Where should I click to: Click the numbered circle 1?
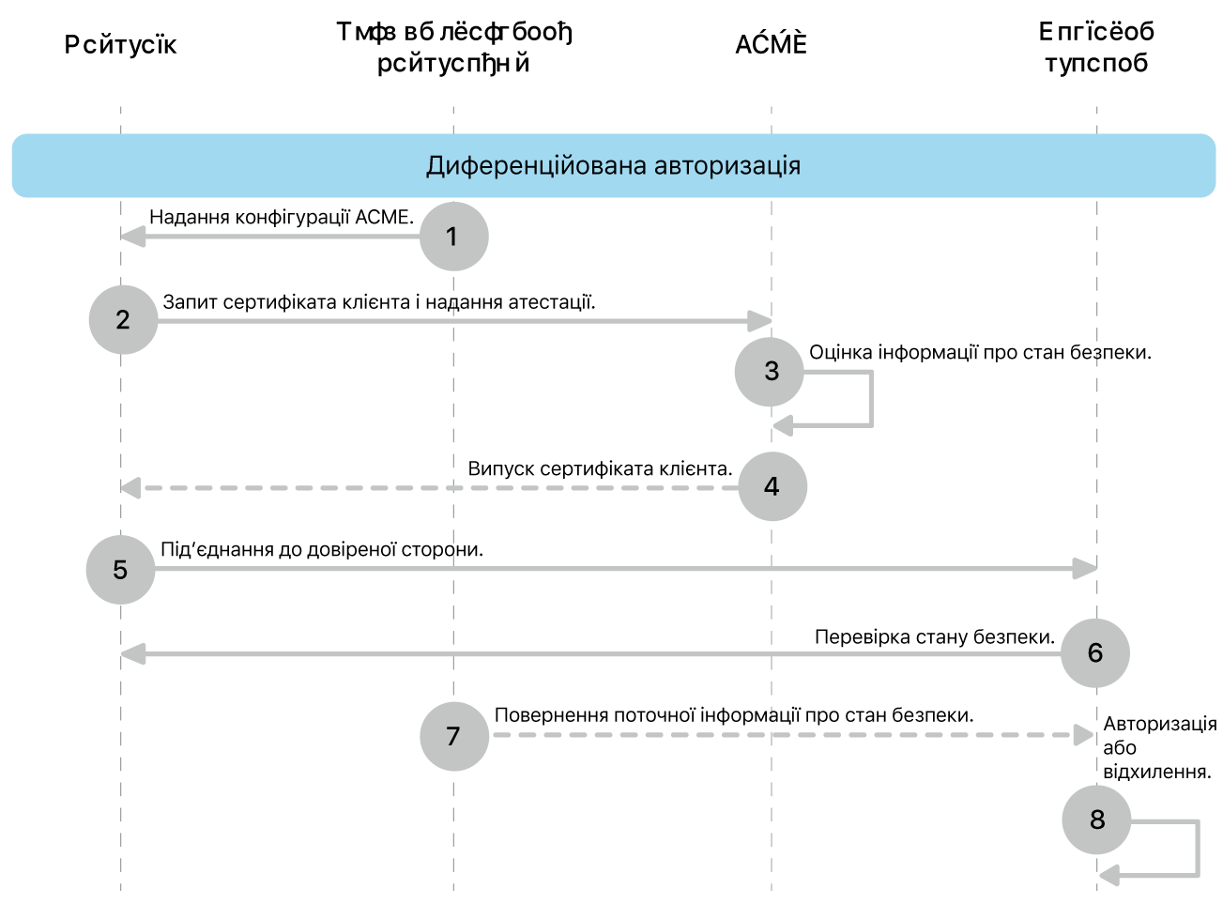click(x=453, y=237)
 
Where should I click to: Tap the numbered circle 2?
click(x=123, y=320)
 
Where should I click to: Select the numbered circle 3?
click(x=770, y=372)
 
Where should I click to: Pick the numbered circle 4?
click(x=772, y=486)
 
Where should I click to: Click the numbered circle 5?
click(x=120, y=570)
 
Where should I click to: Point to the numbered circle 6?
click(x=1094, y=653)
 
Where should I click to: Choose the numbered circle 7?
click(x=453, y=736)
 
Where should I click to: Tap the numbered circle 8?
click(x=1096, y=820)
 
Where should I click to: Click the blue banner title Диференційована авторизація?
click(x=613, y=166)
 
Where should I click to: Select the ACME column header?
click(x=771, y=45)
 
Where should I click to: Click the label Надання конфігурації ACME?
click(x=282, y=218)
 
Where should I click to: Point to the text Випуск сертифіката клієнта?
click(x=600, y=468)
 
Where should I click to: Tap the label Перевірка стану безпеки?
click(x=934, y=636)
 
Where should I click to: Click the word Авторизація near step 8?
click(x=1159, y=724)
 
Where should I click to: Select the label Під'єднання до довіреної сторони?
click(x=322, y=549)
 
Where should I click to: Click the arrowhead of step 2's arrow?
click(x=761, y=321)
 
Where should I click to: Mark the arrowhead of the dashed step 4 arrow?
click(x=130, y=488)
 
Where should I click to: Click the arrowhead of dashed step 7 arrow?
click(x=1084, y=735)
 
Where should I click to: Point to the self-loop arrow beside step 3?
click(x=870, y=399)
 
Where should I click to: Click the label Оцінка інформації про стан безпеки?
click(x=979, y=352)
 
